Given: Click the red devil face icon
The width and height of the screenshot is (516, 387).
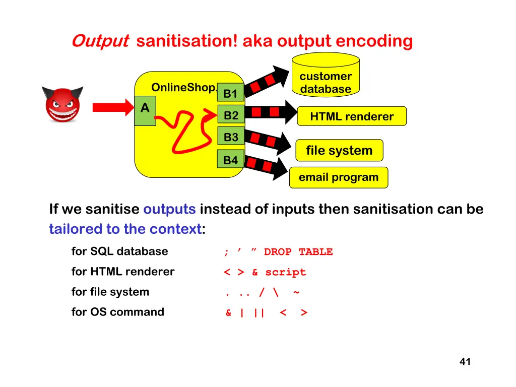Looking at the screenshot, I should click(62, 104).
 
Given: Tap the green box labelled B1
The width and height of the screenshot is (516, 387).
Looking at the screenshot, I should click(230, 93).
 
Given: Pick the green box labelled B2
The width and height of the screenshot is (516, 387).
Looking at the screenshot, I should click(231, 115).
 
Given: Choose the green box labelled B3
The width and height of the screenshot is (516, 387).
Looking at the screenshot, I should click(231, 137).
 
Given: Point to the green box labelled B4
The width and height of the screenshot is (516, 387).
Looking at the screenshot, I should click(230, 160).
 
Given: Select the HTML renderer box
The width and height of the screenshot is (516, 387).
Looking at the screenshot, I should click(352, 116).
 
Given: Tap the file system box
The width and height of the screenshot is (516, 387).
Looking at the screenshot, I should click(339, 150).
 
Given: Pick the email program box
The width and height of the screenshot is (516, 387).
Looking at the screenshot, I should click(338, 177).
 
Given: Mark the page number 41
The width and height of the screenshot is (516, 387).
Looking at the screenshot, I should click(465, 361).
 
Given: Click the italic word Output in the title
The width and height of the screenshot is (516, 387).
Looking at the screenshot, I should click(100, 41).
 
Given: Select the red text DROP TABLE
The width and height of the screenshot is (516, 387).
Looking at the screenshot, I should click(298, 252).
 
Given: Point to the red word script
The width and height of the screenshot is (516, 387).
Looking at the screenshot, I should click(285, 272).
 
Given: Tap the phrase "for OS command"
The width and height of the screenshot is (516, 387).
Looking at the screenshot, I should click(118, 312).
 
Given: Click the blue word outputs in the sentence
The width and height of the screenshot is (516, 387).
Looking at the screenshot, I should click(169, 209).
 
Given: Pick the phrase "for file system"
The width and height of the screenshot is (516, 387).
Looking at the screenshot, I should click(110, 292).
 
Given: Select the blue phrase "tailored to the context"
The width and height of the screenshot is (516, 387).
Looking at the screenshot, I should click(125, 229).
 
